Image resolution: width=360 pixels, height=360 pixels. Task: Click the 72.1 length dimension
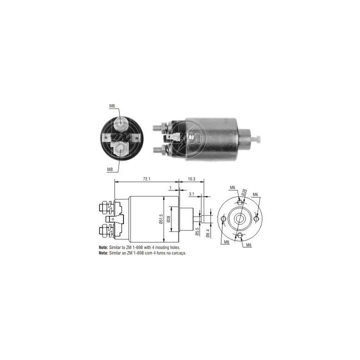147,179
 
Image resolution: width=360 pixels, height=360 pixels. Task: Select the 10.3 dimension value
191,179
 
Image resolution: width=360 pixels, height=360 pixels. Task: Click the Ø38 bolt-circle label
243,192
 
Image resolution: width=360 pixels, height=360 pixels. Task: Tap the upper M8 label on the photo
112,106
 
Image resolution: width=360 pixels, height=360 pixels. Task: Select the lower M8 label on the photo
110,169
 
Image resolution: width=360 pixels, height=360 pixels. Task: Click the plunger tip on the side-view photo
260,135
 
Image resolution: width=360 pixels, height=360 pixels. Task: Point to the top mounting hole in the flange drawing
240,202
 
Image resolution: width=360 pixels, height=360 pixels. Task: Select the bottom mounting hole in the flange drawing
240,235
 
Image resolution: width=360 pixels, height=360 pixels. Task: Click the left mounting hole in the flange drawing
223,218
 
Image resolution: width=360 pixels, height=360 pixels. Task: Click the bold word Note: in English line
103,247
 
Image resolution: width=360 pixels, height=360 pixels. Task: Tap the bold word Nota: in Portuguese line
103,253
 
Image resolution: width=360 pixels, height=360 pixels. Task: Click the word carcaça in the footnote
185,253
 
